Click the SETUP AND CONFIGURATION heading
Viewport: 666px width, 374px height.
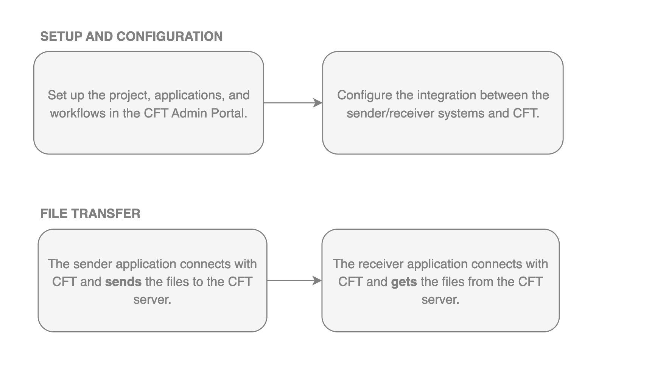pyautogui.click(x=131, y=37)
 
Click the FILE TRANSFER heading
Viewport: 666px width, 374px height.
pyautogui.click(x=90, y=214)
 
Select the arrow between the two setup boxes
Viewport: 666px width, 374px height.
pyautogui.click(x=293, y=103)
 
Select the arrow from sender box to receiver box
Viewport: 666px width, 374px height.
pyautogui.click(x=294, y=281)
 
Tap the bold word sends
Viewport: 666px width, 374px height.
pyautogui.click(x=123, y=282)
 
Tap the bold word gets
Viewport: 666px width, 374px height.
pyautogui.click(x=404, y=282)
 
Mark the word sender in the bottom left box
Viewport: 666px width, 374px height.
pyautogui.click(x=93, y=264)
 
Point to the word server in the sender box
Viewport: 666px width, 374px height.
pyautogui.click(x=152, y=300)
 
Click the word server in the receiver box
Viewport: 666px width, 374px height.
pyautogui.click(x=440, y=300)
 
